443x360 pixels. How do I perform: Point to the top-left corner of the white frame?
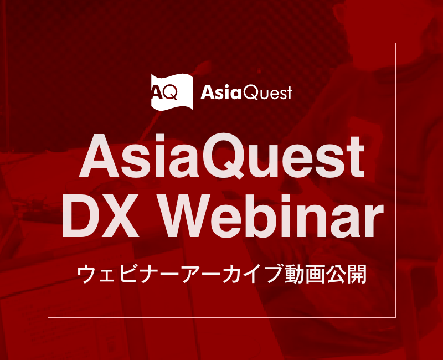(x=48, y=43)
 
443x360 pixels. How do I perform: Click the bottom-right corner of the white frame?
(x=395, y=317)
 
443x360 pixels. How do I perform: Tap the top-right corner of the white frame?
(x=395, y=43)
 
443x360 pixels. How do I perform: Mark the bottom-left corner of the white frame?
(x=48, y=317)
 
